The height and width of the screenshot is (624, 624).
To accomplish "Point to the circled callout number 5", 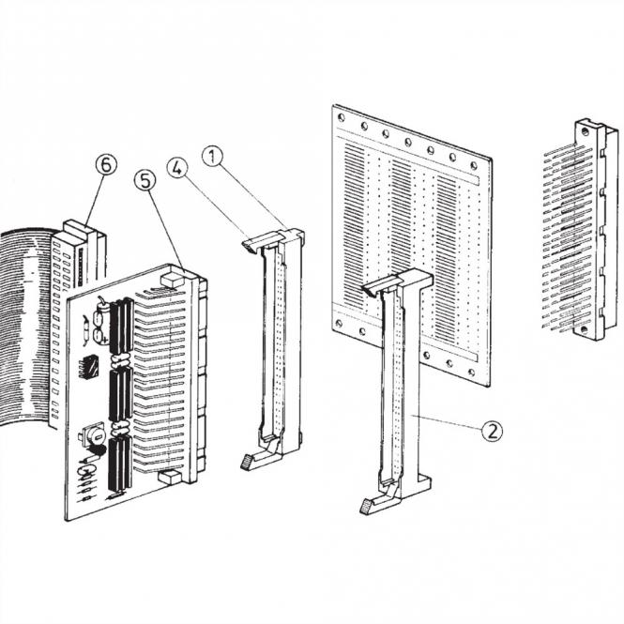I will click(x=144, y=180).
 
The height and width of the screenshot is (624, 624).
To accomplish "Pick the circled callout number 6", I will click(x=108, y=165).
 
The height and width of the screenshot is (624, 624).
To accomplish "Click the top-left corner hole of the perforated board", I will click(x=342, y=118).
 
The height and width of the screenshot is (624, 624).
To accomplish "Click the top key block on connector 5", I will click(x=172, y=279).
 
